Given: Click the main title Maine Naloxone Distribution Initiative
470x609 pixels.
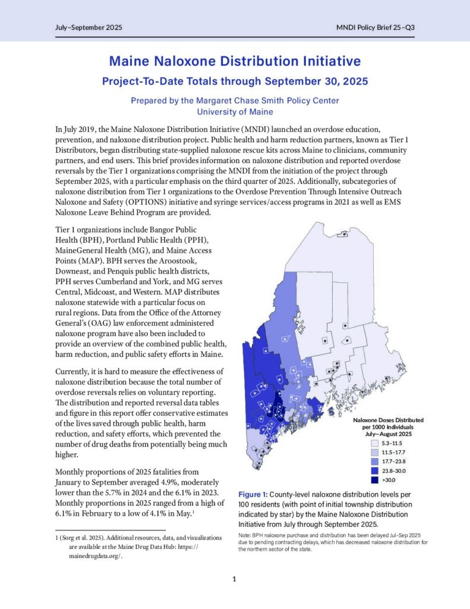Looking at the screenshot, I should (235, 61).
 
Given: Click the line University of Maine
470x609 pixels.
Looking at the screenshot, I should (235, 112).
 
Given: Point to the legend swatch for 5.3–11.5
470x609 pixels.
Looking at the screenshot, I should (375, 443).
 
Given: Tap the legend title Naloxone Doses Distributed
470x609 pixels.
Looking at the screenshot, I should (393, 420).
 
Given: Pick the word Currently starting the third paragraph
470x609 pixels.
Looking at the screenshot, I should (75, 370).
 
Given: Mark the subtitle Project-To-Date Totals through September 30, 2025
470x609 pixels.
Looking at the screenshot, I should (235, 80).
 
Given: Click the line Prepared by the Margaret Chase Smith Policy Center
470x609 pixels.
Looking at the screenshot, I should (235, 101).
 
